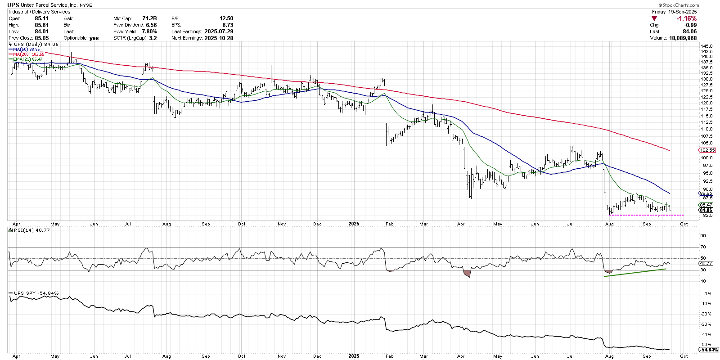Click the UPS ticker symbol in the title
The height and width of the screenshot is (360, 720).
pos(13,5)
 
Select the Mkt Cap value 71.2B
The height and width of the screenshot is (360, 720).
pos(149,18)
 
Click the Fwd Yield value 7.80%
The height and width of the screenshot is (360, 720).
pos(149,31)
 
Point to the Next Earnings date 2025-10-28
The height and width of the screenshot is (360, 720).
pos(219,38)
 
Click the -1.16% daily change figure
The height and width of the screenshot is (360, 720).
pos(686,18)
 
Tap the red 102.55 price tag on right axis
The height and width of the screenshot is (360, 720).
pos(707,150)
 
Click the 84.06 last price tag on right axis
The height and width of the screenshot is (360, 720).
pos(706,210)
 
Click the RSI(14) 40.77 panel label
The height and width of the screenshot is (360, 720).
pos(29,230)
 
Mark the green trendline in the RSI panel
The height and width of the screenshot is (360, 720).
pos(635,273)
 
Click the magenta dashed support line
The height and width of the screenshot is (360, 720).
pos(646,215)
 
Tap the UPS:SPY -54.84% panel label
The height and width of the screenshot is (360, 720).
pos(34,293)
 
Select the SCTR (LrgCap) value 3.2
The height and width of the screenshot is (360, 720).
pos(153,38)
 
